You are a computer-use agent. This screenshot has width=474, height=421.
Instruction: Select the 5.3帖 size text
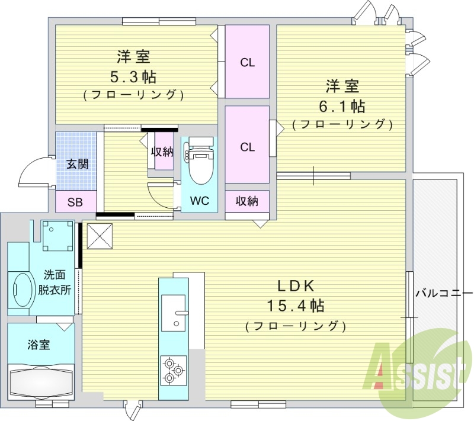point(133,76)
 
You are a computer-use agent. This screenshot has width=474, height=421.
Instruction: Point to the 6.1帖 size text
point(342,107)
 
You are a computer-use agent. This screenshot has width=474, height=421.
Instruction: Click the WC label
point(199,200)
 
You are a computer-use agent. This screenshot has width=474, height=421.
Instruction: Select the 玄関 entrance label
point(76,163)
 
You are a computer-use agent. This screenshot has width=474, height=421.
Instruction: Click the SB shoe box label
point(75,201)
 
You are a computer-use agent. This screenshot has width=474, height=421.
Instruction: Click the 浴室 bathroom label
point(39,345)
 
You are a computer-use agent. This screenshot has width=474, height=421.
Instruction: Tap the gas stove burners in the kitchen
point(172,368)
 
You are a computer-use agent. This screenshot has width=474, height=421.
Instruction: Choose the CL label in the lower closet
point(247,147)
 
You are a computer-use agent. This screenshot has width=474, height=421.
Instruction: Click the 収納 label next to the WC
point(162,152)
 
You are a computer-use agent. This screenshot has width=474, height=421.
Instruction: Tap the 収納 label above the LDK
point(247,201)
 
